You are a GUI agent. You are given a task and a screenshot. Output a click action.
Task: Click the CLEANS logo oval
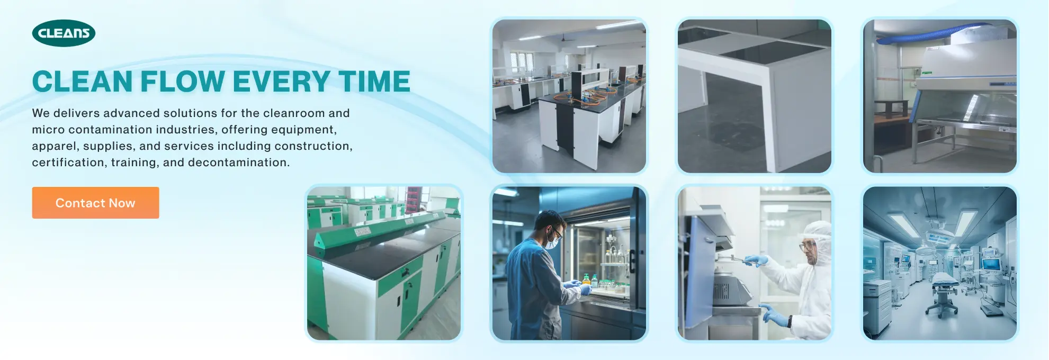[64, 33]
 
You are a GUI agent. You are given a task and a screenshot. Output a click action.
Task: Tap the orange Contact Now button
[95, 203]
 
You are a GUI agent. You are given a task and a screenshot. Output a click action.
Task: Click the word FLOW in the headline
[183, 82]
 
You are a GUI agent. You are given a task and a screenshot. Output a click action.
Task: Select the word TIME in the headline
[374, 82]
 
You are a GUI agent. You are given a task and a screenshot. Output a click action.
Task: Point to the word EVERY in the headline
[282, 82]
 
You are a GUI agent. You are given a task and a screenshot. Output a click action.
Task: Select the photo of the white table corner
[755, 96]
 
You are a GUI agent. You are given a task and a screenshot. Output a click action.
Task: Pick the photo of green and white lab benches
[384, 263]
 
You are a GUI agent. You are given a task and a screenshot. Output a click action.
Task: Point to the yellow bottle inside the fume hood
[586, 279]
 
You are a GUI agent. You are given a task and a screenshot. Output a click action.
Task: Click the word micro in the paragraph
[48, 130]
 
